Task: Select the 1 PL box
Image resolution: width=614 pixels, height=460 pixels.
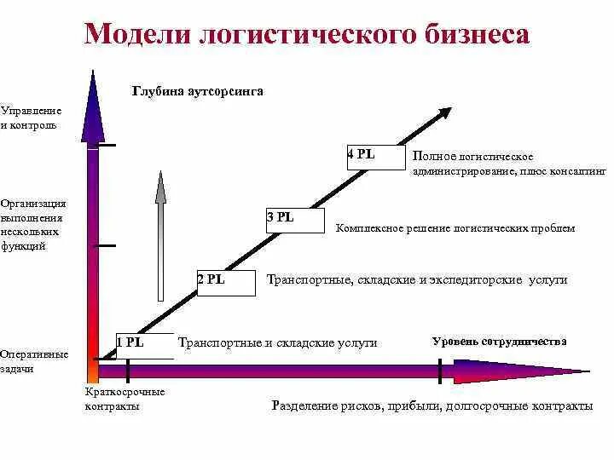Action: tap(144, 345)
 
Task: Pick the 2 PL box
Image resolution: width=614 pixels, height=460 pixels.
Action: tap(226, 283)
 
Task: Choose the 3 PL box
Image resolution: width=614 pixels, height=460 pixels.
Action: tap(295, 221)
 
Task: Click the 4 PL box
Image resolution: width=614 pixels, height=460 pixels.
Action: tap(375, 158)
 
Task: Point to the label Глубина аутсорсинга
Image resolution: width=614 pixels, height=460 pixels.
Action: tap(197, 91)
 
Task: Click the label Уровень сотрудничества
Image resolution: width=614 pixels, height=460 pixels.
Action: tap(499, 342)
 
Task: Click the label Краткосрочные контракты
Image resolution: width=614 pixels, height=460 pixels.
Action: tap(125, 399)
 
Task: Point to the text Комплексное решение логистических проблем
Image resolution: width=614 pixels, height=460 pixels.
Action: tap(455, 228)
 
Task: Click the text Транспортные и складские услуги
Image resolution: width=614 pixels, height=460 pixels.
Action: tap(278, 342)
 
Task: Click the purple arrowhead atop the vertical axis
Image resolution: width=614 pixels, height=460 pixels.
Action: tap(92, 106)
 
